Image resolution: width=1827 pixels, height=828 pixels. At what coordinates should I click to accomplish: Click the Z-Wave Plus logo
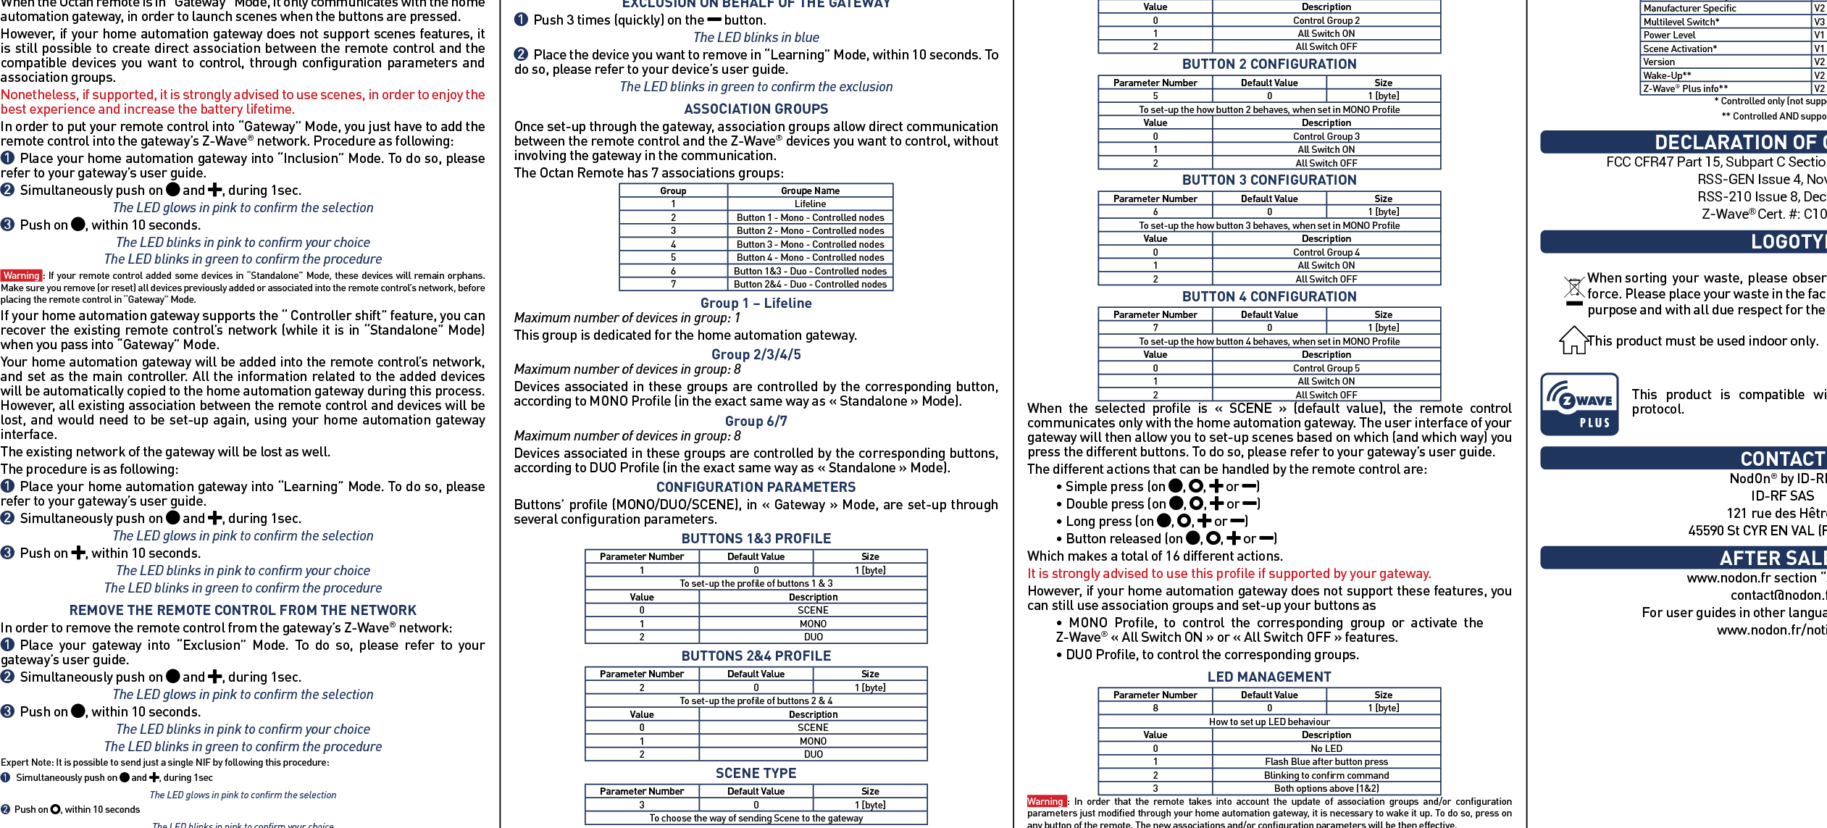(x=1579, y=404)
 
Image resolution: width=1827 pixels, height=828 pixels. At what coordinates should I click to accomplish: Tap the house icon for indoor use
(x=1573, y=340)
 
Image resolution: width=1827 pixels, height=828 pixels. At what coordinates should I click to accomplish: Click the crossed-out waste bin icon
(x=1573, y=290)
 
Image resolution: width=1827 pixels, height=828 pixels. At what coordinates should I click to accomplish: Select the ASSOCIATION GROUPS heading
(x=756, y=109)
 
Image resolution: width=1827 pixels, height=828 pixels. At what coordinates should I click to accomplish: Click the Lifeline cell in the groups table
(x=809, y=204)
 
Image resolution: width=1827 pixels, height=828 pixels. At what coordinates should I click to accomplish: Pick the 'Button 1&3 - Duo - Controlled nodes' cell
(x=809, y=271)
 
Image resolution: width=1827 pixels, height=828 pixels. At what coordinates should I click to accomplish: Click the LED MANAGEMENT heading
(x=1268, y=677)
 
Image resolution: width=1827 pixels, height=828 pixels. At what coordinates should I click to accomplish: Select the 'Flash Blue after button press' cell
(x=1326, y=762)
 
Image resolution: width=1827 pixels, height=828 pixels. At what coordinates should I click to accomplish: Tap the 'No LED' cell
(x=1326, y=748)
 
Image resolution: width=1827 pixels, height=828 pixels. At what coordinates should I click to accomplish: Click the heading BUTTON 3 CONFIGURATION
(x=1268, y=180)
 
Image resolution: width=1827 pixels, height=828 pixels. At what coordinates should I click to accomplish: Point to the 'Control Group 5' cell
(x=1326, y=368)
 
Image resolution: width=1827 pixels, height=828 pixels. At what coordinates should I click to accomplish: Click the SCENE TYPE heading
(x=756, y=774)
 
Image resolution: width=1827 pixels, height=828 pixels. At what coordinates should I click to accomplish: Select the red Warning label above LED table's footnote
(x=1045, y=801)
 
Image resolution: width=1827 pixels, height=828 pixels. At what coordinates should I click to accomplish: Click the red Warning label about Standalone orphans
(x=21, y=275)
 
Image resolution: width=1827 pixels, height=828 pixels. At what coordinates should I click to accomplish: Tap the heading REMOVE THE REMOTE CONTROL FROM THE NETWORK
(x=243, y=611)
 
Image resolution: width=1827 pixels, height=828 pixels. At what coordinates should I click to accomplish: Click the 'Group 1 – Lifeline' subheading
(x=756, y=304)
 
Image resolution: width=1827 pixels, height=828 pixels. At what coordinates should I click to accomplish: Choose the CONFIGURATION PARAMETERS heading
(x=756, y=488)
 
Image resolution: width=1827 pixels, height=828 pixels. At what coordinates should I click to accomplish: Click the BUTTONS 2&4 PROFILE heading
(x=756, y=656)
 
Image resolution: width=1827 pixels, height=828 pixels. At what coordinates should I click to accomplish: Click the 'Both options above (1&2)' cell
(x=1326, y=788)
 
